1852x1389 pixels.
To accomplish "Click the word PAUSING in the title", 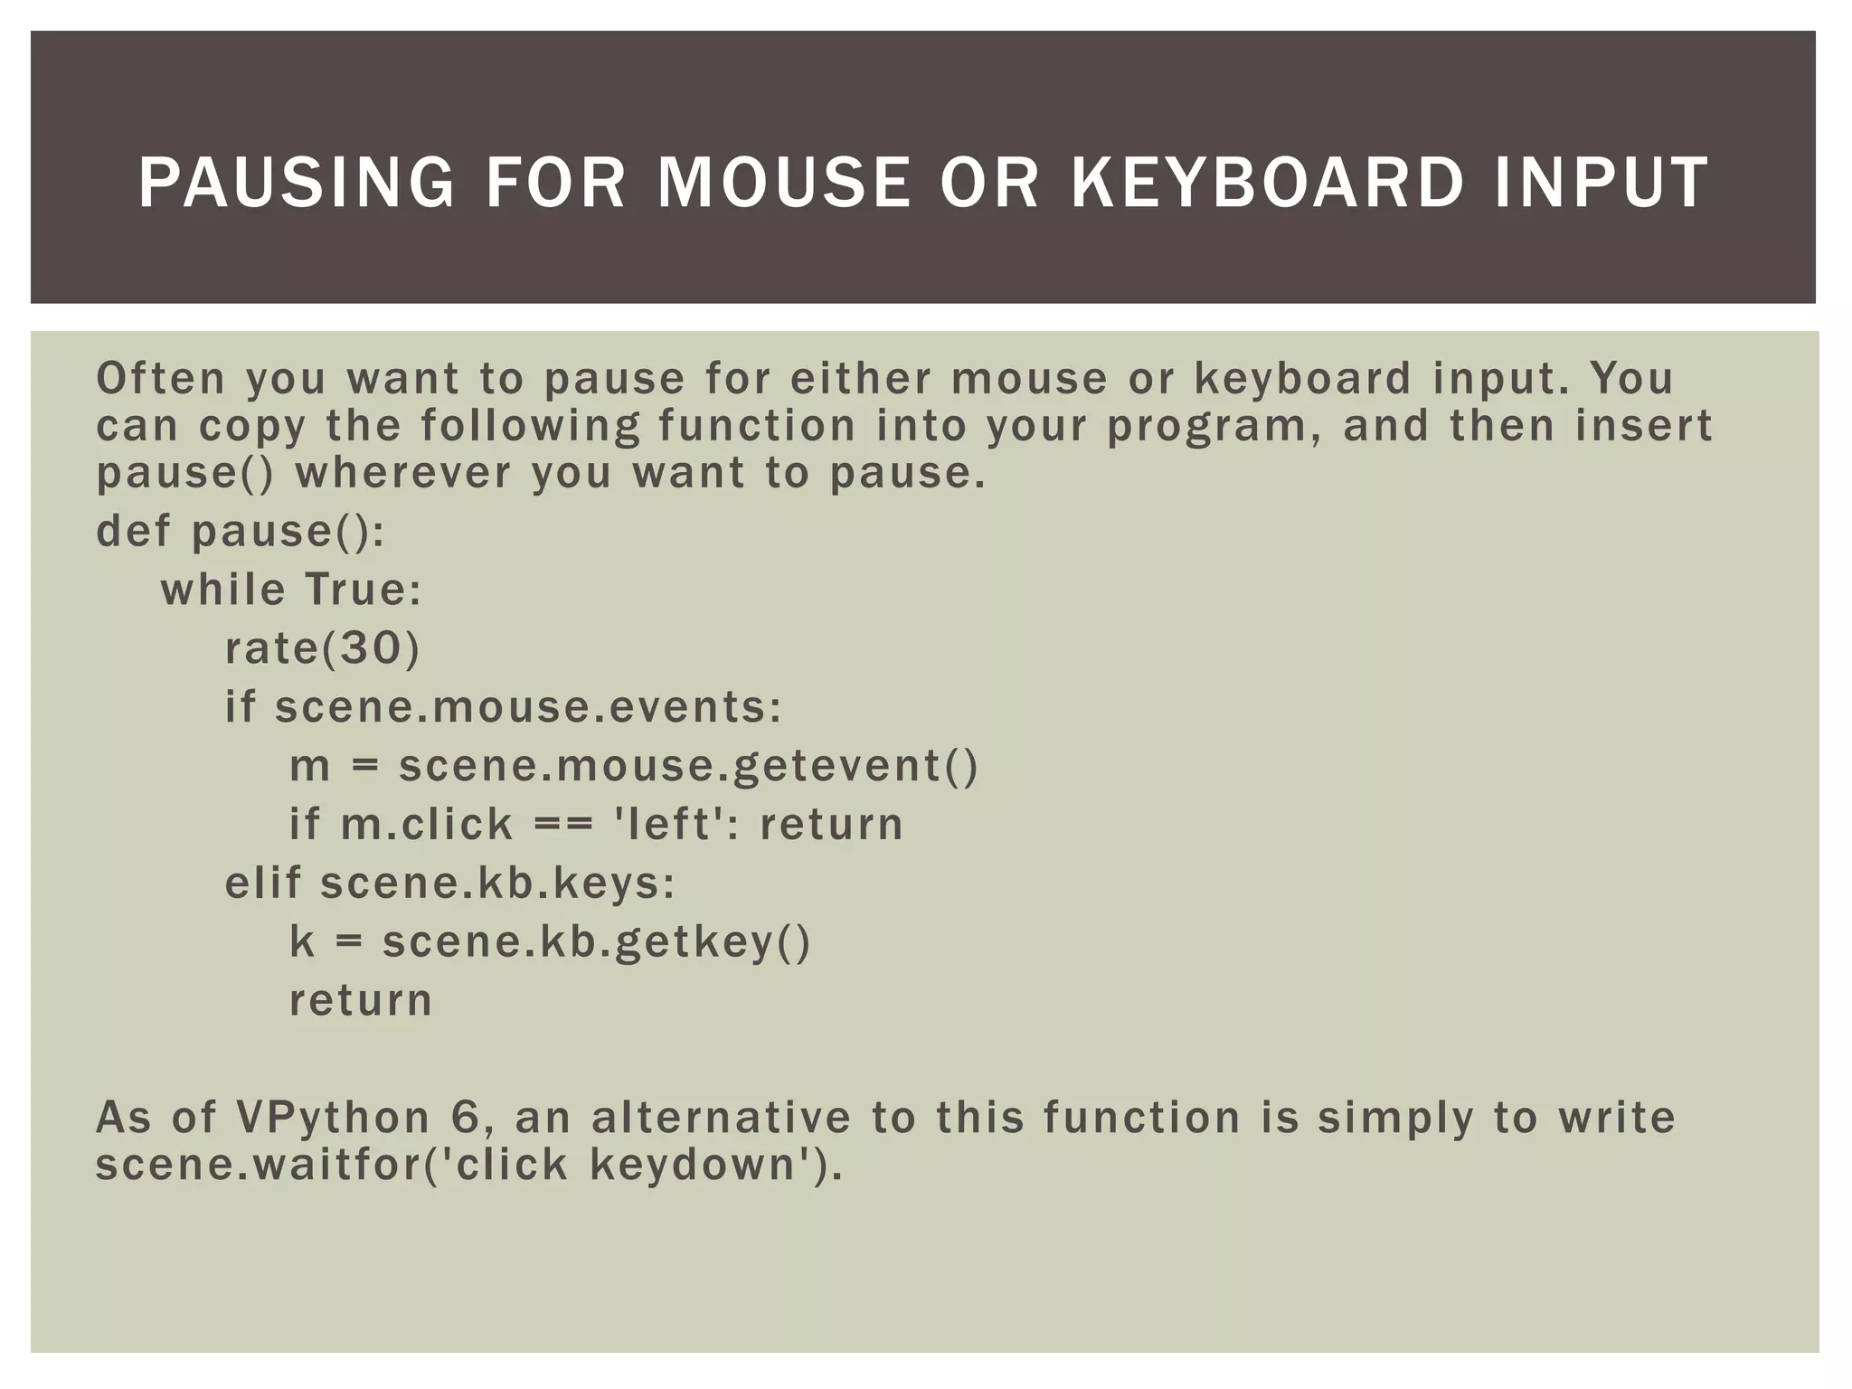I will (x=296, y=184).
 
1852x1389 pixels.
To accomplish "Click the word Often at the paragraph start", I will (x=160, y=378).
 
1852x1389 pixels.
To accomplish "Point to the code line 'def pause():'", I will (x=241, y=532).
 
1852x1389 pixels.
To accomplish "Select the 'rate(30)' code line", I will (x=323, y=648).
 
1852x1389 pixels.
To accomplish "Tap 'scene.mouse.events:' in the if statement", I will (x=528, y=707).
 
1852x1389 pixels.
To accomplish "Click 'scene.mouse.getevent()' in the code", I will (x=688, y=766).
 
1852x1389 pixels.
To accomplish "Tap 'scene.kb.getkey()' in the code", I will (x=597, y=942).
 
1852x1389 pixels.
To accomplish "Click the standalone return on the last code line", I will (x=361, y=1000).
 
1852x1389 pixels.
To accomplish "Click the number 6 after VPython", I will (x=464, y=1118).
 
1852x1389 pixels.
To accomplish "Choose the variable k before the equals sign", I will (x=301, y=941).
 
